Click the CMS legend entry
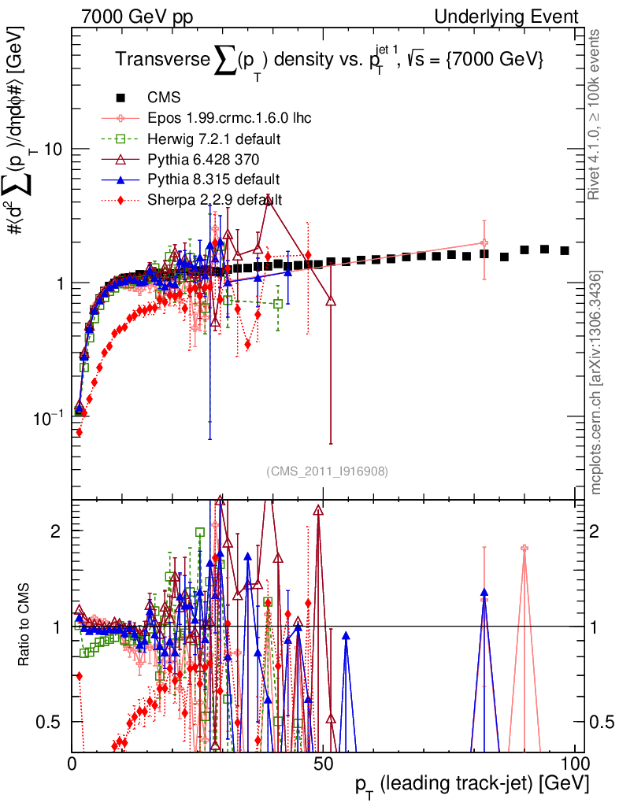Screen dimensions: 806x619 tap(164, 98)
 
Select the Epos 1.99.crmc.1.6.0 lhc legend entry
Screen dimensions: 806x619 tap(229, 119)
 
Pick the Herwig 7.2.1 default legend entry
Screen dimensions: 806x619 tap(214, 139)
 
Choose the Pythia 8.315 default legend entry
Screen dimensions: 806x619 tap(213, 179)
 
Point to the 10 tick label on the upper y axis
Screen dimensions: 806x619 tap(53, 149)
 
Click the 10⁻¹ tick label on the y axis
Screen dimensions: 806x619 tap(50, 417)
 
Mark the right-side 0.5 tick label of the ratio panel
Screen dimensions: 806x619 tap(602, 722)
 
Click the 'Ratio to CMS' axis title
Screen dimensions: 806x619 tap(25, 625)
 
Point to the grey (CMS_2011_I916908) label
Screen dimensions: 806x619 tap(327, 471)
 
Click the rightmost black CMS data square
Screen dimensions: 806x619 tap(565, 250)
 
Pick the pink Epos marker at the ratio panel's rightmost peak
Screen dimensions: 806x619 tap(524, 548)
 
